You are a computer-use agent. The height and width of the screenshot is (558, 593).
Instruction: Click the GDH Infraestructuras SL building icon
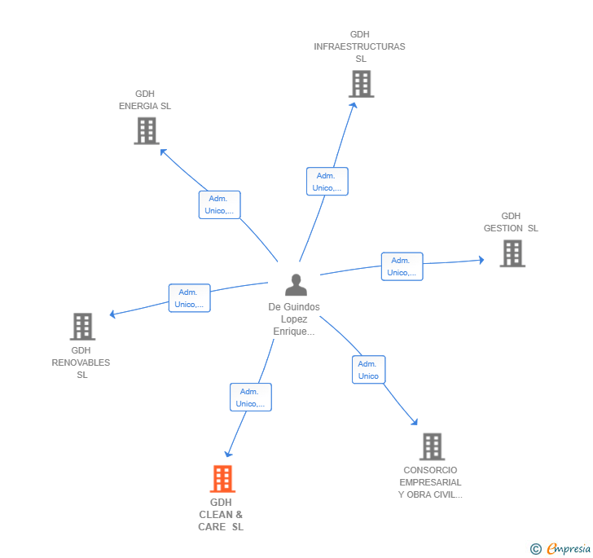click(x=361, y=84)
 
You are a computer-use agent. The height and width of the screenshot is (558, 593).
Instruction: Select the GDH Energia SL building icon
click(x=146, y=130)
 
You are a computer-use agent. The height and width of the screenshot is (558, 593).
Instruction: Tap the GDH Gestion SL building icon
click(x=512, y=253)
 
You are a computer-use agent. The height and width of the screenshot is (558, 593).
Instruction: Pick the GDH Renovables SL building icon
click(x=82, y=327)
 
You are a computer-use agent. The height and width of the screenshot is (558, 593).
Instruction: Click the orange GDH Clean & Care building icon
click(x=222, y=479)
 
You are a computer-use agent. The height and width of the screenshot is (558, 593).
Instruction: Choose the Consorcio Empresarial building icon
click(x=432, y=446)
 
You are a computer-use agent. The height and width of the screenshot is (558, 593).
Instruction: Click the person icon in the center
click(x=296, y=285)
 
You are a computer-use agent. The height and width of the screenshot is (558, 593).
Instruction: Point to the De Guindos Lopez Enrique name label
click(x=294, y=319)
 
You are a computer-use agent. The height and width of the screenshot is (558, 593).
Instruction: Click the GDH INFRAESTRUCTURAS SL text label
click(x=359, y=46)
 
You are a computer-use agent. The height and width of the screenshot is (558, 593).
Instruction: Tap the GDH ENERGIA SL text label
click(x=145, y=100)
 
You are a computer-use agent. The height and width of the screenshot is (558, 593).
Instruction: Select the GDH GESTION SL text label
click(x=511, y=222)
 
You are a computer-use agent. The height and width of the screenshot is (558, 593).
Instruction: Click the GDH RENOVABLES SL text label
click(x=81, y=362)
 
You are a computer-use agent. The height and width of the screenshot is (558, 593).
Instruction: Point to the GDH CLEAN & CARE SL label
click(x=221, y=515)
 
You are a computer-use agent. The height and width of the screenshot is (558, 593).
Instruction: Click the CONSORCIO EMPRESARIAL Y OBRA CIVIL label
click(x=430, y=482)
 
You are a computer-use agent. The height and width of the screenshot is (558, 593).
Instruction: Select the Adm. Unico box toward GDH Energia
click(x=219, y=204)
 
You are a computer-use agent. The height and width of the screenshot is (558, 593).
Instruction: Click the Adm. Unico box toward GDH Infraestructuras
click(x=327, y=182)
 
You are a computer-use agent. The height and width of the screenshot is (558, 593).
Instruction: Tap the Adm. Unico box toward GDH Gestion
click(x=402, y=266)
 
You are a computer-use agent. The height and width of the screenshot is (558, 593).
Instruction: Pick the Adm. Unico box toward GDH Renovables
click(x=189, y=298)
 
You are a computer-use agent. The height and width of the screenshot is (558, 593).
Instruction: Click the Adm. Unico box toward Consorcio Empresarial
click(x=368, y=370)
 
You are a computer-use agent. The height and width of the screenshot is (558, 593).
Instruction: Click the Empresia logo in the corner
click(x=560, y=549)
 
